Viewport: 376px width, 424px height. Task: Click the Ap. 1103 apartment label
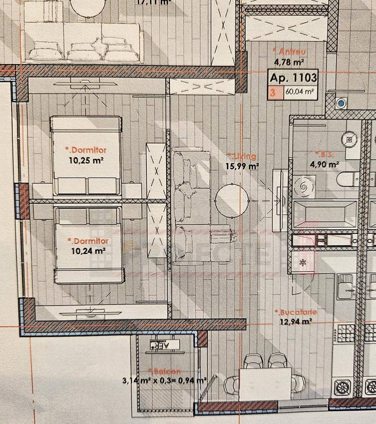293,77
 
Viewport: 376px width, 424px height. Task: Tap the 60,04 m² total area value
300,93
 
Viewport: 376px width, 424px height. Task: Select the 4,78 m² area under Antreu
289,62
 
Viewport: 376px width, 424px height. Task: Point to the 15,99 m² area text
242,166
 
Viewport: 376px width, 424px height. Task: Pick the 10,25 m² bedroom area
86,160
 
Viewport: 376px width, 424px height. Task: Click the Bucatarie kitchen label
295,312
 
